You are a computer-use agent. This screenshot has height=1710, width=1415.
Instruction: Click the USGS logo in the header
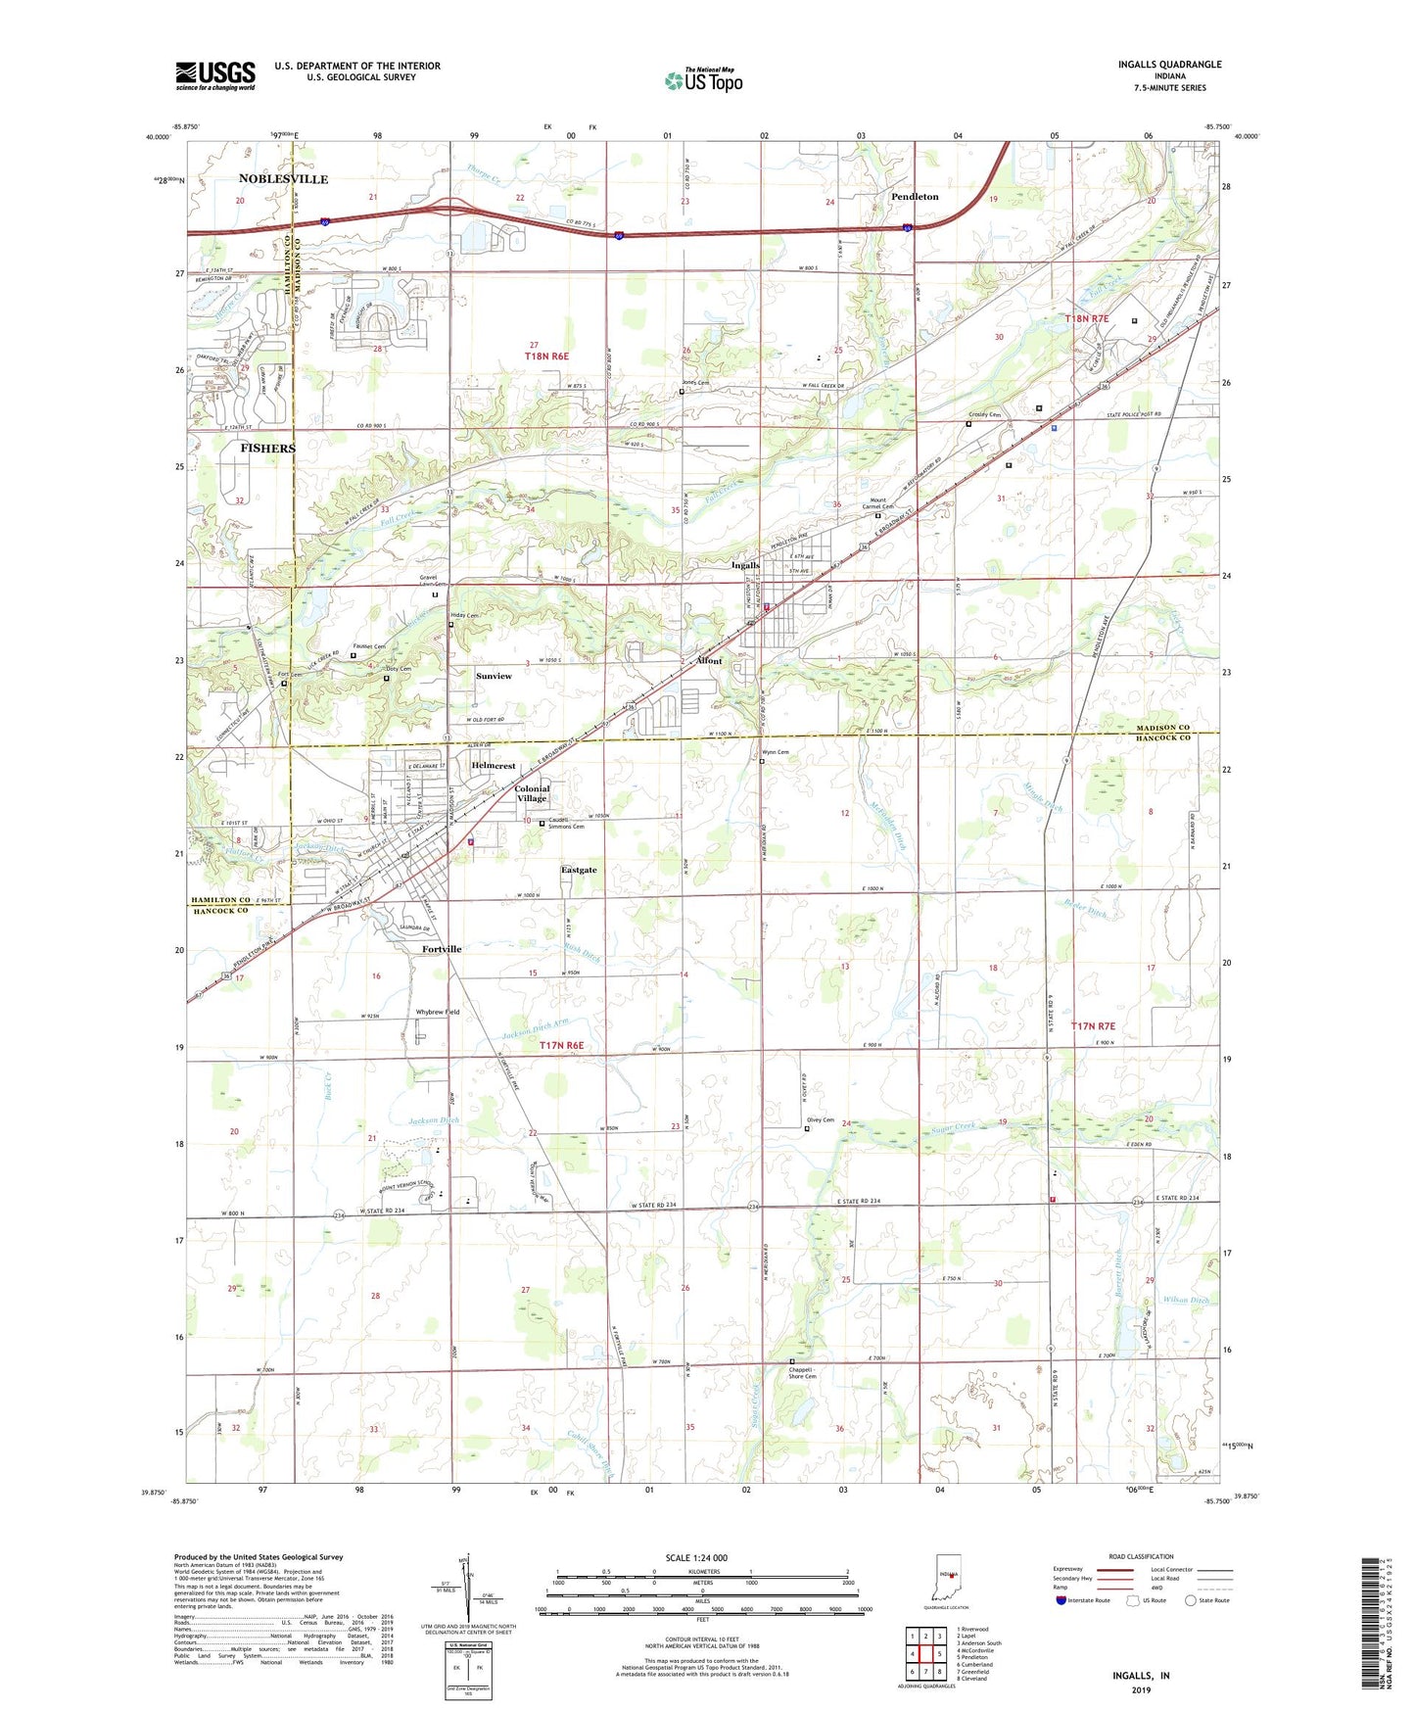[215, 75]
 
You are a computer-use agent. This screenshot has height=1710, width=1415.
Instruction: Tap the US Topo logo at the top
[704, 80]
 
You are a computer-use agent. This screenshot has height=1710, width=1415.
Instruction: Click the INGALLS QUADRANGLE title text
[1169, 65]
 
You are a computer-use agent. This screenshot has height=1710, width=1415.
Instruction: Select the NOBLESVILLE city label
[283, 179]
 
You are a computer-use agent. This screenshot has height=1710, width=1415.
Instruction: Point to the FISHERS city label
[267, 448]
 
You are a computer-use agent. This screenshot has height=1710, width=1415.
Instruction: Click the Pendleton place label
[914, 197]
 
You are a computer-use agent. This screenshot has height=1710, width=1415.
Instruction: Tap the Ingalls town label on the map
[745, 565]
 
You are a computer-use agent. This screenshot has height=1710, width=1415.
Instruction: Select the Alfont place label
[708, 661]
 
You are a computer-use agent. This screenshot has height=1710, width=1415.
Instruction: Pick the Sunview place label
[494, 676]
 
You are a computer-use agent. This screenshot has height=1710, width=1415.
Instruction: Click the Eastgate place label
[578, 870]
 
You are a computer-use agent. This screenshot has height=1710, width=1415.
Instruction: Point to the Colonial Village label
[532, 793]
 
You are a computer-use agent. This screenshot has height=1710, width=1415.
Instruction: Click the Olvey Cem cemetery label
[820, 1120]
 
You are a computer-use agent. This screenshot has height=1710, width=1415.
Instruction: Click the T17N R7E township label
[1093, 1025]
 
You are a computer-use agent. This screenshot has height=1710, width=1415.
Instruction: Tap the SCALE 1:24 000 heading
[696, 1557]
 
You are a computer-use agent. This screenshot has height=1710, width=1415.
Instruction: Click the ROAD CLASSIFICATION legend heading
[1141, 1556]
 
